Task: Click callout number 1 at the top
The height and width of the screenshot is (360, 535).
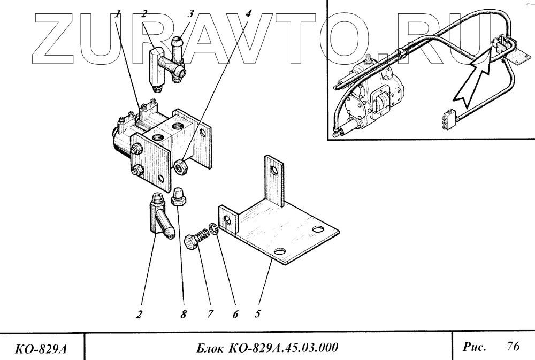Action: click(117, 15)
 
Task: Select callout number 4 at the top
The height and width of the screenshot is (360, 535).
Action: click(248, 15)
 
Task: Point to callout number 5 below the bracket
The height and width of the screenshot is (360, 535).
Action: click(257, 314)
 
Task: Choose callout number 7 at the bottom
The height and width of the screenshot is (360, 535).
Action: click(210, 315)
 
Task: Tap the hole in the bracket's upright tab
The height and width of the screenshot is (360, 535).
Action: click(274, 171)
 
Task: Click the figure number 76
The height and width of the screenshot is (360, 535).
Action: click(512, 346)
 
